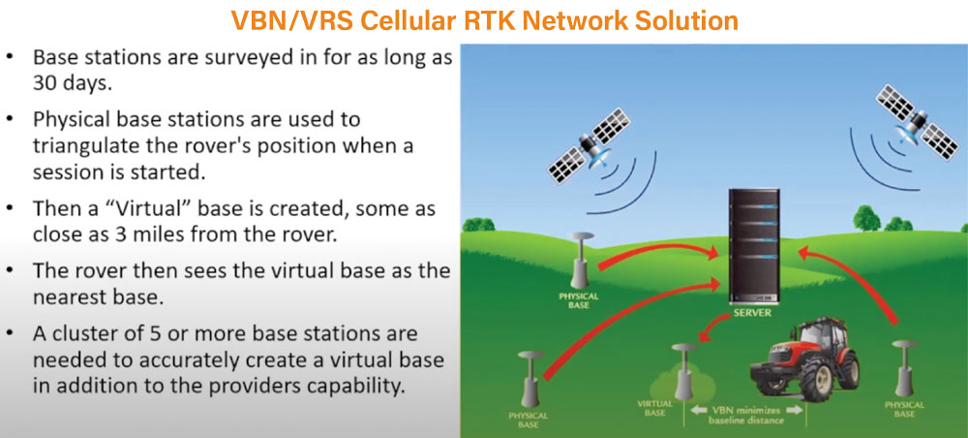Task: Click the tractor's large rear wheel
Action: tap(840, 368)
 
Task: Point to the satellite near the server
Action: tap(590, 145)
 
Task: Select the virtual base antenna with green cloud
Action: tap(684, 372)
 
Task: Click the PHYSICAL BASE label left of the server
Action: tap(579, 300)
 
